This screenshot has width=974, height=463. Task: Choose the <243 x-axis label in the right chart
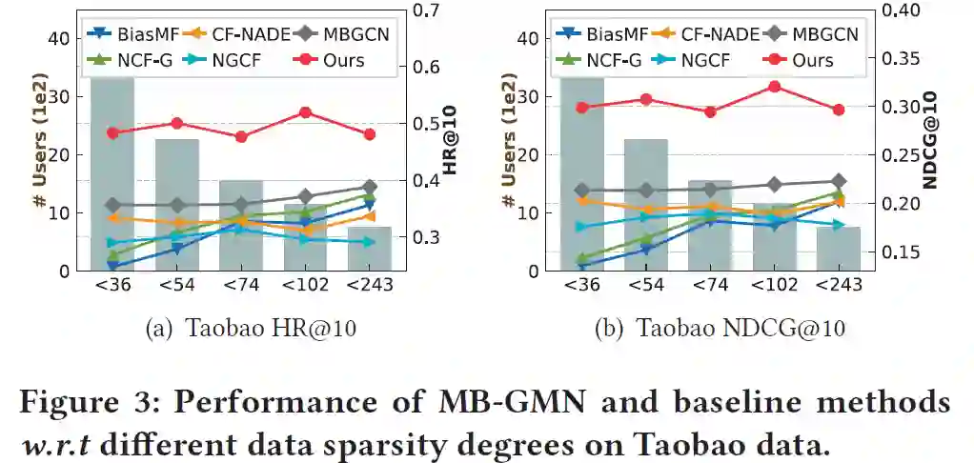[x=838, y=286]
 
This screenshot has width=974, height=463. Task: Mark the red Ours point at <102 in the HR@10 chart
[x=305, y=112]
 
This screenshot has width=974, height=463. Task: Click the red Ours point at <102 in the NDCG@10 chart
[x=774, y=87]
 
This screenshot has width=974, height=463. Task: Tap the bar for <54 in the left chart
[x=176, y=205]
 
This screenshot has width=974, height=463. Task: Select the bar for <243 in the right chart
[x=838, y=249]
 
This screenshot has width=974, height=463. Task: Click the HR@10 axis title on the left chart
[x=450, y=142]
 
